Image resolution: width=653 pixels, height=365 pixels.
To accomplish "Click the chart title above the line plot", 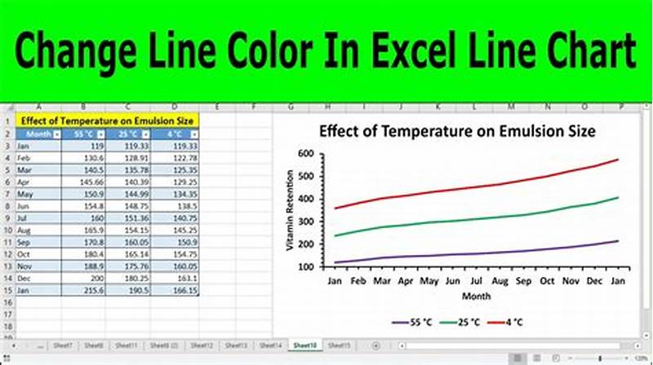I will coord(456,130).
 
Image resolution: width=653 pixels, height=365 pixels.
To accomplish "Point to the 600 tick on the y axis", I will coord(306,153).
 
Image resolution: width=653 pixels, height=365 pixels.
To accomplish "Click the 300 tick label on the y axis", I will coord(306,221).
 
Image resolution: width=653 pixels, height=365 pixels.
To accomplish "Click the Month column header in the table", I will coord(38,134).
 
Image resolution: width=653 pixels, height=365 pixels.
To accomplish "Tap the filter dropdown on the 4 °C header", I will coord(193,134).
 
